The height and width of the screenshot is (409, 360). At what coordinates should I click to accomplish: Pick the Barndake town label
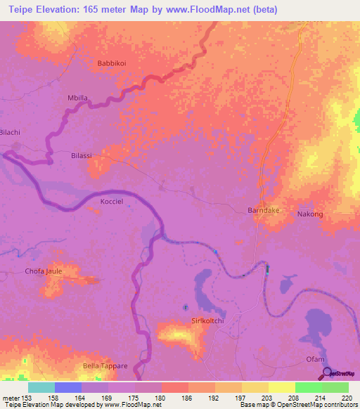pyautogui.click(x=264, y=210)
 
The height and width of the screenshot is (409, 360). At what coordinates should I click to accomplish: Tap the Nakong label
pyautogui.click(x=310, y=214)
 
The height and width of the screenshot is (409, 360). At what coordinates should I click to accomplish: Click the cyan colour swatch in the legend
pyautogui.click(x=41, y=387)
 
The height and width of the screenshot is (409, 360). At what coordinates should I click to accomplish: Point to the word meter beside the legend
pyautogui.click(x=10, y=398)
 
